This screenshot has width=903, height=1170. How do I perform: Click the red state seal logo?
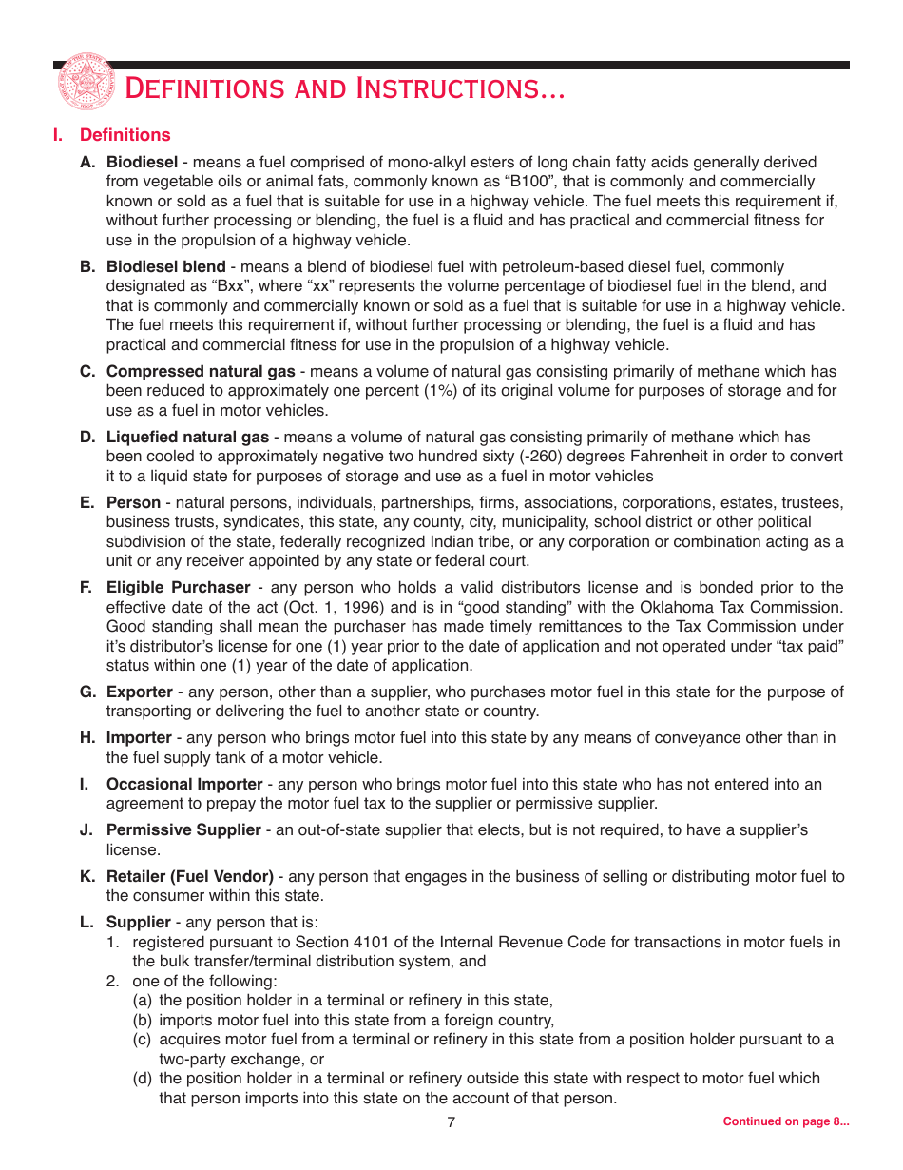(x=85, y=84)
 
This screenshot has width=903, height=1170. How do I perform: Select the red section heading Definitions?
(x=125, y=135)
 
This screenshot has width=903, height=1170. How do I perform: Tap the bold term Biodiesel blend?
(x=165, y=267)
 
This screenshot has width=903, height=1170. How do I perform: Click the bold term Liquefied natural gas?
(x=187, y=438)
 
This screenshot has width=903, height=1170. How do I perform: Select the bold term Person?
(x=133, y=502)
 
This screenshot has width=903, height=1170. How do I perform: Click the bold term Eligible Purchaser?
(x=178, y=588)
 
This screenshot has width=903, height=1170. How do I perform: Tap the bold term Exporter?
(x=139, y=692)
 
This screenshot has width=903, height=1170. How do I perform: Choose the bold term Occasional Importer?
(x=183, y=785)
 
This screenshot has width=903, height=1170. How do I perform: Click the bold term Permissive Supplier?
(x=183, y=830)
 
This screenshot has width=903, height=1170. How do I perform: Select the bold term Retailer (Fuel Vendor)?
(x=189, y=876)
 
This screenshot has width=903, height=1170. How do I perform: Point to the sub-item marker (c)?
(x=143, y=1040)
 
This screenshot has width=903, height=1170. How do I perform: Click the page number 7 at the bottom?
(x=451, y=1122)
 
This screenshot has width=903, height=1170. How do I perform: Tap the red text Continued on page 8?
(x=785, y=1121)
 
